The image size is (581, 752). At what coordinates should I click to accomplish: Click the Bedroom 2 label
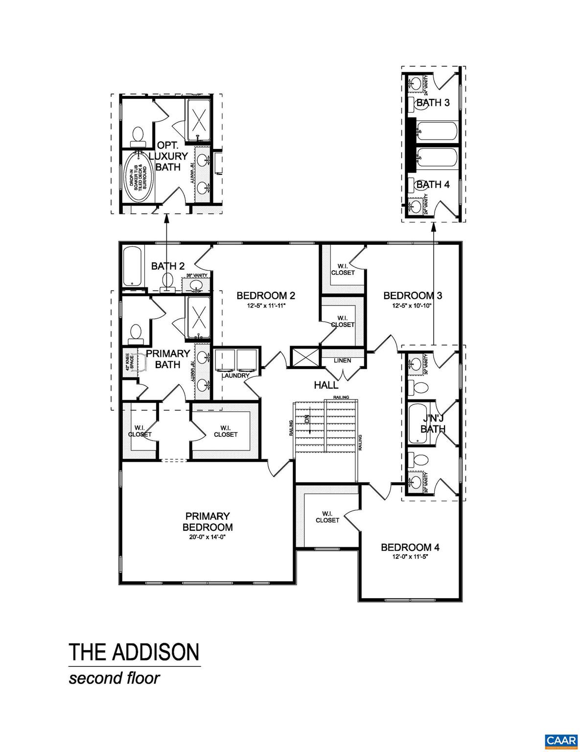coord(265,296)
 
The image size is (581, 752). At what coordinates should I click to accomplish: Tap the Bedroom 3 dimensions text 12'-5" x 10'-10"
coord(407,306)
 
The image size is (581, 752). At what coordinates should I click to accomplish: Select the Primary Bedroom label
coord(208,522)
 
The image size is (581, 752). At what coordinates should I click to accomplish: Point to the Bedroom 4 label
coord(410,547)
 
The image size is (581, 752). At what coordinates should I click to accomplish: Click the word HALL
coord(326,385)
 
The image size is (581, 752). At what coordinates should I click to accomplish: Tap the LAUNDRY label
coord(236,376)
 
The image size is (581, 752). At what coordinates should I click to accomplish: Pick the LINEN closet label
coord(342,361)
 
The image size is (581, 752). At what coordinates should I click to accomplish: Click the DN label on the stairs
coord(307,420)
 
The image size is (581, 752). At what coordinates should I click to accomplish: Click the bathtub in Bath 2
coord(133,267)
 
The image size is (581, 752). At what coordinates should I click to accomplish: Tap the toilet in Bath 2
coord(168,281)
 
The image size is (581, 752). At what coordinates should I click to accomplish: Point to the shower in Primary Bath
coord(199,317)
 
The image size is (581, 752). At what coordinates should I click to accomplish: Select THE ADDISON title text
coord(134,652)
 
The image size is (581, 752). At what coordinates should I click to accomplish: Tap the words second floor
coord(114,679)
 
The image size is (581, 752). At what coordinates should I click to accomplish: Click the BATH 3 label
coord(433,103)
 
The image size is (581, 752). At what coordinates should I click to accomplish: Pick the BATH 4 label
coord(433,184)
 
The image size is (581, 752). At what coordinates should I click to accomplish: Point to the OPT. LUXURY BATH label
coord(171,156)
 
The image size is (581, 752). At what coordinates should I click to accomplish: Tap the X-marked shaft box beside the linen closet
coord(304,356)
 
